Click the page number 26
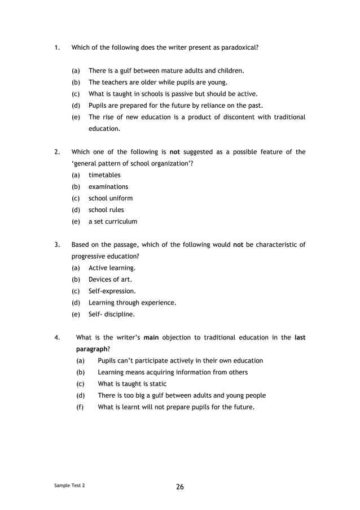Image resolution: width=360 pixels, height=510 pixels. point(180,486)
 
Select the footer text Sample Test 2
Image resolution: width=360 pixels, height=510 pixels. point(71,485)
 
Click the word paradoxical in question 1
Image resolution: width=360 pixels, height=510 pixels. point(238,47)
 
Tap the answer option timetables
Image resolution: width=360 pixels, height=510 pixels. point(104,175)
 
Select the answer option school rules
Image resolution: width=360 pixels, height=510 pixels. point(106,210)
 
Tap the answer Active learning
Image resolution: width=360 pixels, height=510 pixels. point(112,268)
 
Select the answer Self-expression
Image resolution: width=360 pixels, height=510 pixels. point(112,291)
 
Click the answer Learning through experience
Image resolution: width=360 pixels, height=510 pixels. point(133,303)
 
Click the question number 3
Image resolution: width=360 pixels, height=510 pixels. point(57,245)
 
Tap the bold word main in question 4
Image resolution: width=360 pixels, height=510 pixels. point(151,338)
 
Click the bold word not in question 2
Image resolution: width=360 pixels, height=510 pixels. point(174,152)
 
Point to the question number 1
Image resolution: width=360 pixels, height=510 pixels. point(57,47)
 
